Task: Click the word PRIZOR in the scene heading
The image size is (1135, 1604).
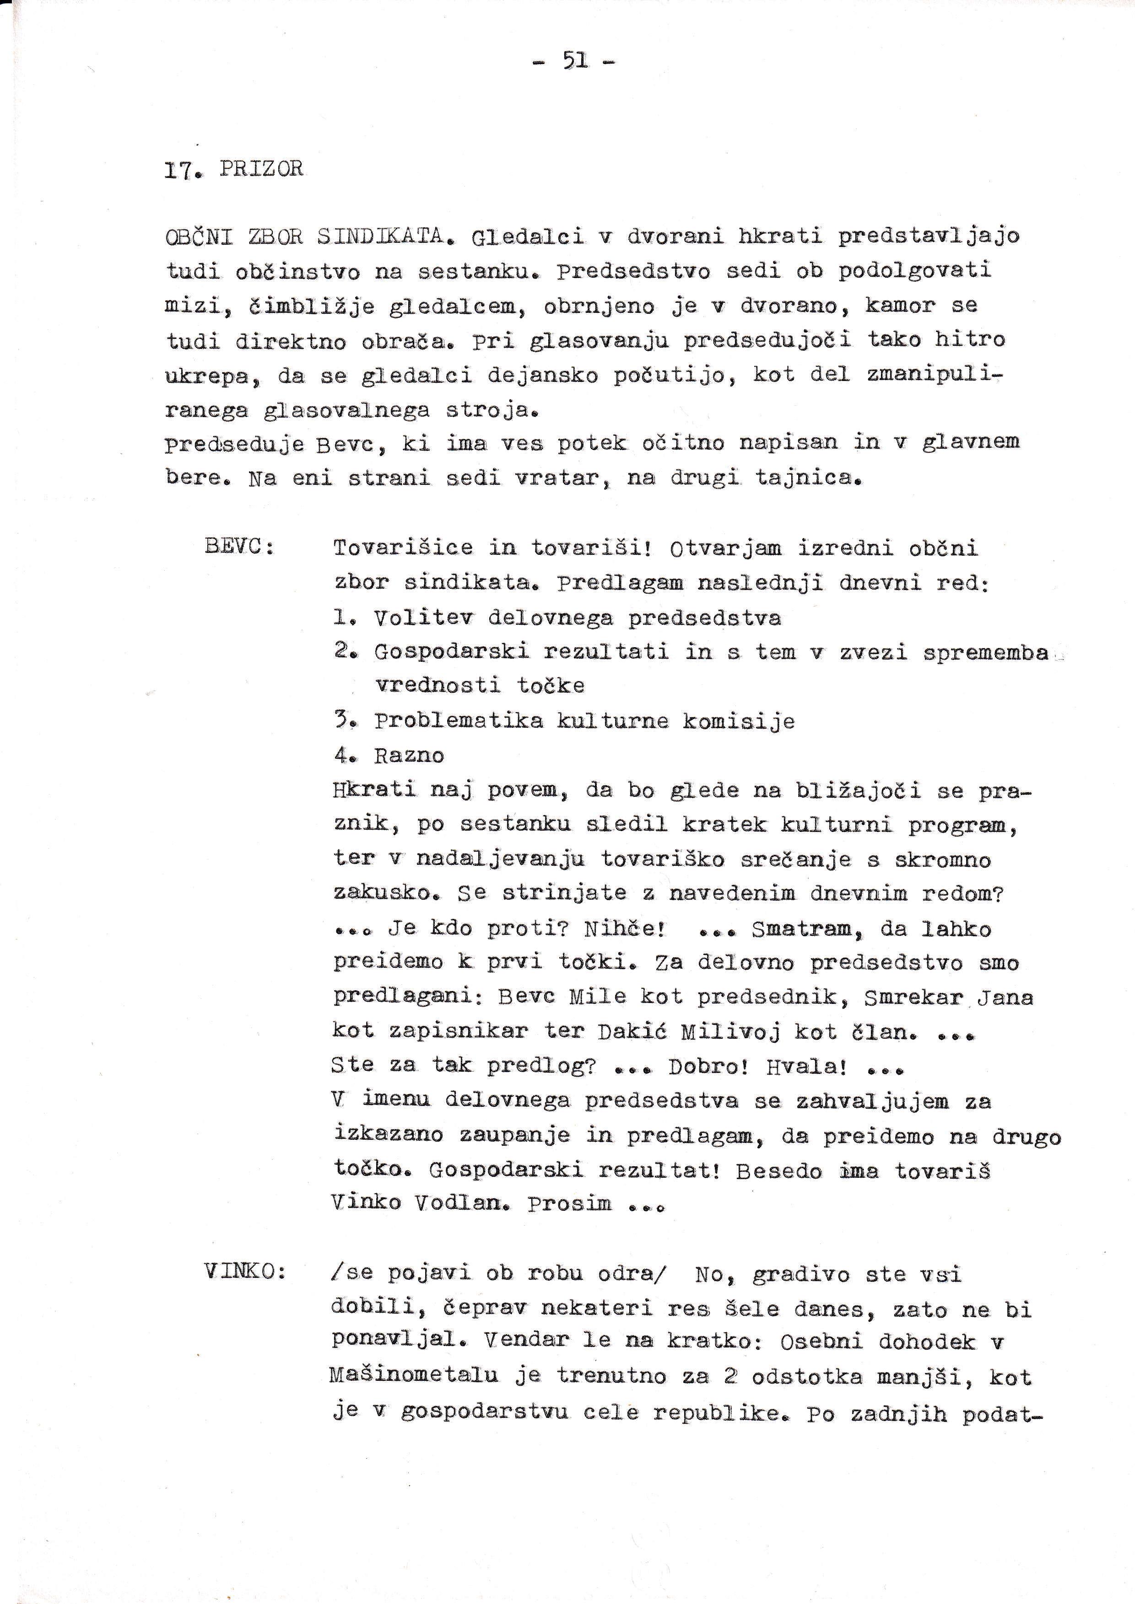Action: pos(261,170)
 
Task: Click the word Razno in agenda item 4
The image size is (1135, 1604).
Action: pos(409,755)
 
